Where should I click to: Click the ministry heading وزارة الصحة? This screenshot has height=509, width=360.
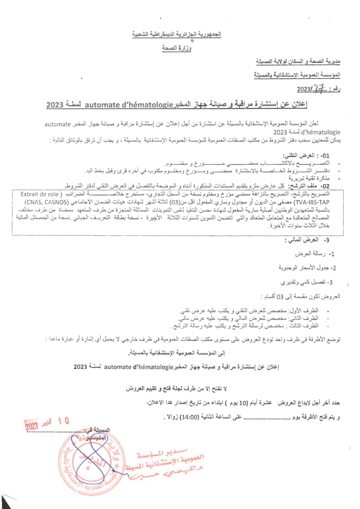pyautogui.click(x=177, y=48)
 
